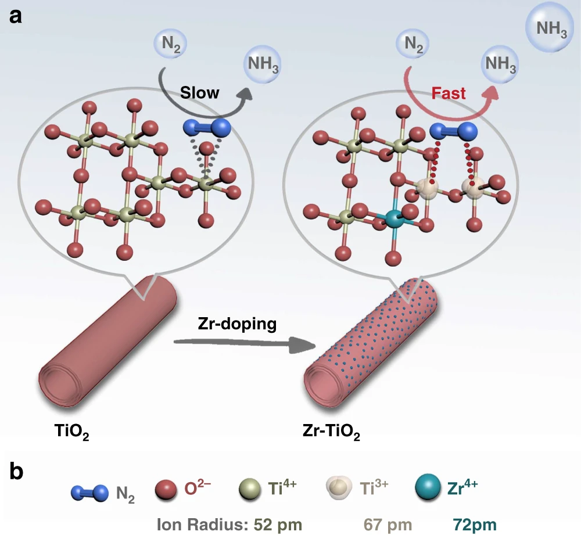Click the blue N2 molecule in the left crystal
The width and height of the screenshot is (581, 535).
pyautogui.click(x=207, y=126)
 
